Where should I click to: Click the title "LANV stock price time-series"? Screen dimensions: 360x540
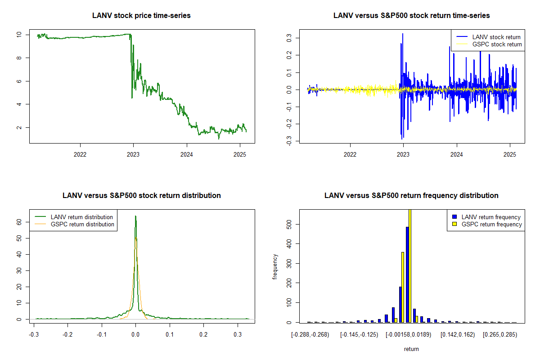(x=141, y=15)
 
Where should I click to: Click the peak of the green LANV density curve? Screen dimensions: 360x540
(x=135, y=216)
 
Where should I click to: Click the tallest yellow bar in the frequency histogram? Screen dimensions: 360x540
(x=410, y=265)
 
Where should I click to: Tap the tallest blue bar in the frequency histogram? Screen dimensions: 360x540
(x=407, y=274)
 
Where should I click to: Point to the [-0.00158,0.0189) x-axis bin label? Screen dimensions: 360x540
(x=411, y=335)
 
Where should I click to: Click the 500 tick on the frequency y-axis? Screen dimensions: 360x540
(x=288, y=224)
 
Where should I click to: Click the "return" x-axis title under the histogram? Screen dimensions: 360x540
(x=411, y=349)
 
